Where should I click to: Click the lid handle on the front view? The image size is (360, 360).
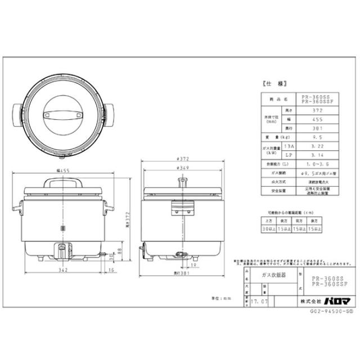coord(63,181)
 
